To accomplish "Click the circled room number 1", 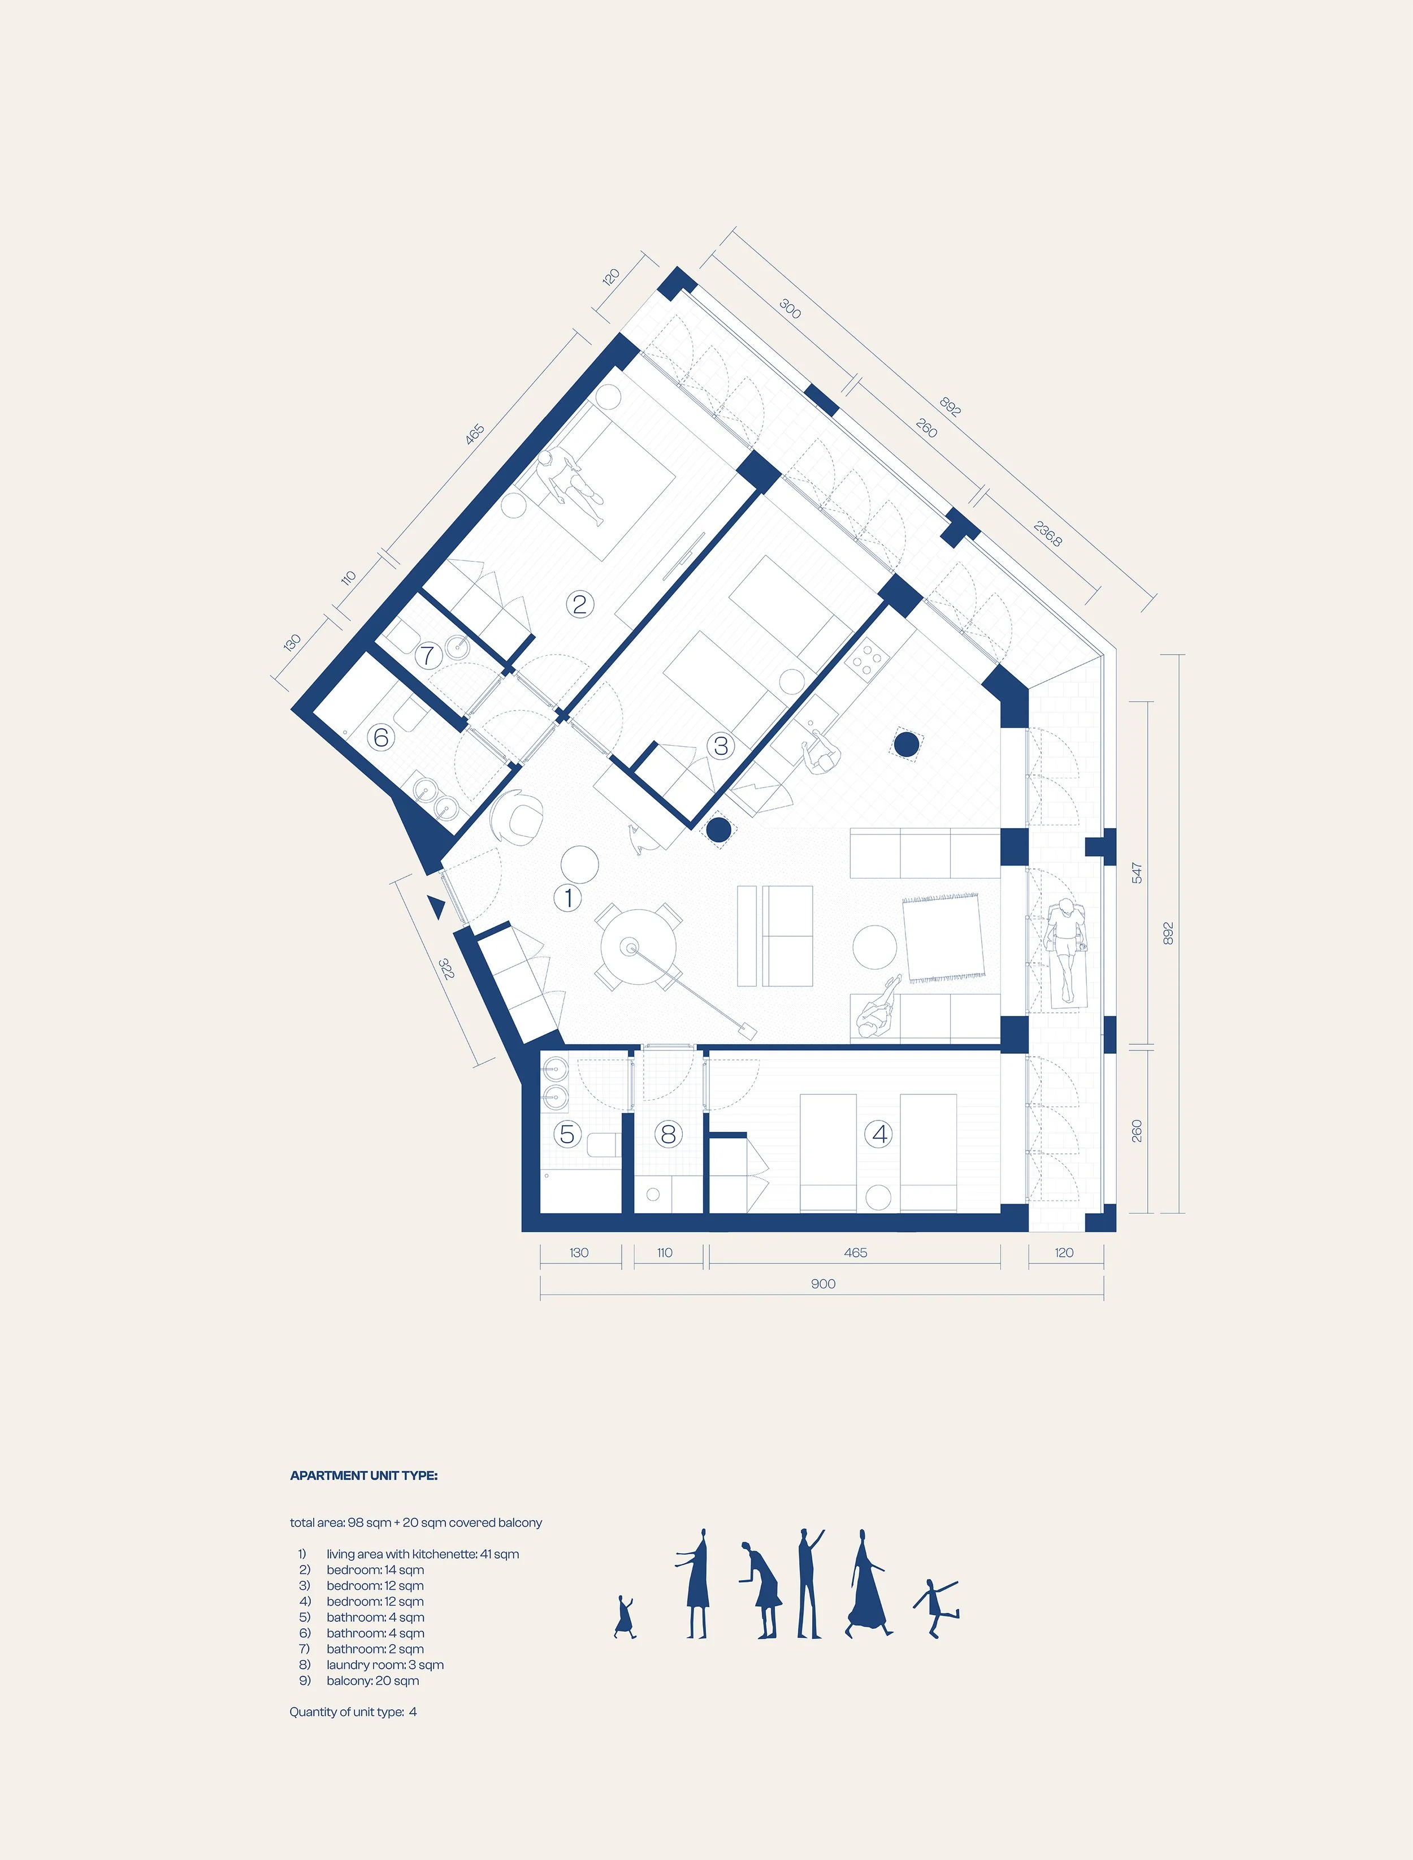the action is coord(569,898).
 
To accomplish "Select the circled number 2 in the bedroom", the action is coord(579,604).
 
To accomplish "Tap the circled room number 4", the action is coord(880,1134).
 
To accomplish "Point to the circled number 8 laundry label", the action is coord(668,1134).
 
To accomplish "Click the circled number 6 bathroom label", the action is coord(381,738).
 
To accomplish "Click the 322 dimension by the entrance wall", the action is coord(447,968).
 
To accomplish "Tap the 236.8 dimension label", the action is coord(1047,533).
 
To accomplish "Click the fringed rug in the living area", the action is coord(943,937).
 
